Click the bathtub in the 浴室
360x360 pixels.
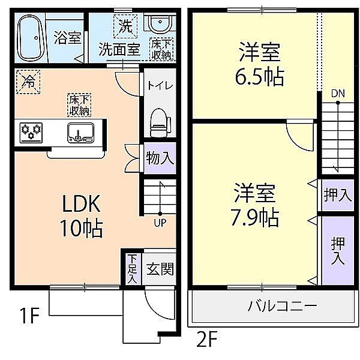tap(31, 38)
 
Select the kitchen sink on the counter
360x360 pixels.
tap(81, 133)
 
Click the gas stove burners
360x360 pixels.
tap(31, 133)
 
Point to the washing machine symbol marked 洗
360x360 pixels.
tap(125, 26)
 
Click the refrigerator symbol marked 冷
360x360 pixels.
tap(28, 82)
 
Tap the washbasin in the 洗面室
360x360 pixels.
tap(160, 22)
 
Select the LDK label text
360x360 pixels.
tap(81, 203)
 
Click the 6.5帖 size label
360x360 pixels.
tap(259, 77)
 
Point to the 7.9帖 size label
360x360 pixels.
tap(255, 217)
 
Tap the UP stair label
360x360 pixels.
tap(160, 223)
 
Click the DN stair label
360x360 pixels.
tap(338, 94)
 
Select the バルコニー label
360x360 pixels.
tap(282, 306)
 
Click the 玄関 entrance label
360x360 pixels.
tap(160, 269)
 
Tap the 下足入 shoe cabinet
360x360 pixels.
tap(133, 269)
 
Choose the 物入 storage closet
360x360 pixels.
tap(160, 158)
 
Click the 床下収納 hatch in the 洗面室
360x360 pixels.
tap(161, 49)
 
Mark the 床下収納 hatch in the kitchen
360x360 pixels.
tap(79, 104)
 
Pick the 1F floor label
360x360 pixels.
tap(30, 316)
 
